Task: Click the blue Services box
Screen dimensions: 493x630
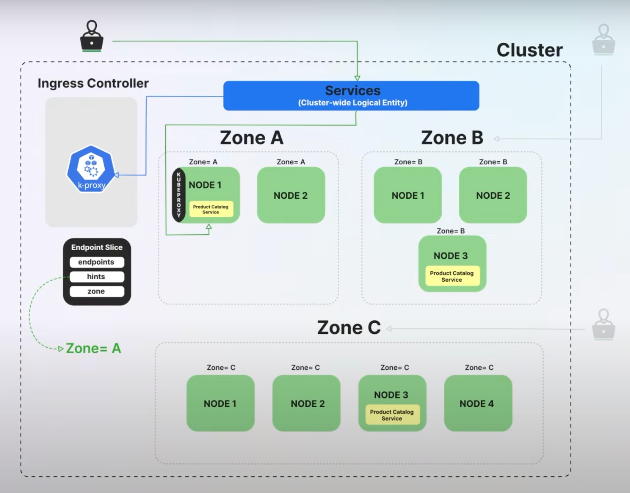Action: click(x=351, y=96)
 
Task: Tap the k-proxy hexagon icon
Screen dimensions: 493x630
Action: click(x=91, y=169)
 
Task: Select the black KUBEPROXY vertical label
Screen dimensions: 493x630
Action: click(x=179, y=195)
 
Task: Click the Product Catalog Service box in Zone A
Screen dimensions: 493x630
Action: click(x=211, y=209)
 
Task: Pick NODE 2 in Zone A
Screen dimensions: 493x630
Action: click(x=291, y=195)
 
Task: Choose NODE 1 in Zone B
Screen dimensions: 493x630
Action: click(x=407, y=195)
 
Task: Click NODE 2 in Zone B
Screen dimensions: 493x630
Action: click(x=493, y=195)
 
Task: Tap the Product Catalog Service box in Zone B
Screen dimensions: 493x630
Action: click(x=452, y=276)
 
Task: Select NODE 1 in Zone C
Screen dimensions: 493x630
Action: click(x=220, y=403)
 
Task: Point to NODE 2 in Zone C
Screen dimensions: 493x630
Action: click(x=306, y=403)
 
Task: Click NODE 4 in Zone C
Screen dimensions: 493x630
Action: click(x=478, y=403)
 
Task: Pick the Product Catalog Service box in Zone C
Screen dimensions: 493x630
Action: click(x=392, y=415)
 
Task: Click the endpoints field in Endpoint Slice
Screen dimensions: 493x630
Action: click(x=97, y=262)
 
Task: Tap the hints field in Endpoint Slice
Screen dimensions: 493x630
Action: click(x=97, y=277)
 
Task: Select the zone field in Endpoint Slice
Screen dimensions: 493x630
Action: click(x=97, y=291)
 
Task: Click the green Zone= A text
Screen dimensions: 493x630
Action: click(x=93, y=348)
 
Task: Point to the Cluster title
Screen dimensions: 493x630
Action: click(x=529, y=50)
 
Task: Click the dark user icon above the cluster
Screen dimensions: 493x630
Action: click(x=92, y=36)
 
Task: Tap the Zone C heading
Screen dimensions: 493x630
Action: click(x=349, y=327)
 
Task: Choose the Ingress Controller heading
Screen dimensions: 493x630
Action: click(x=93, y=83)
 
